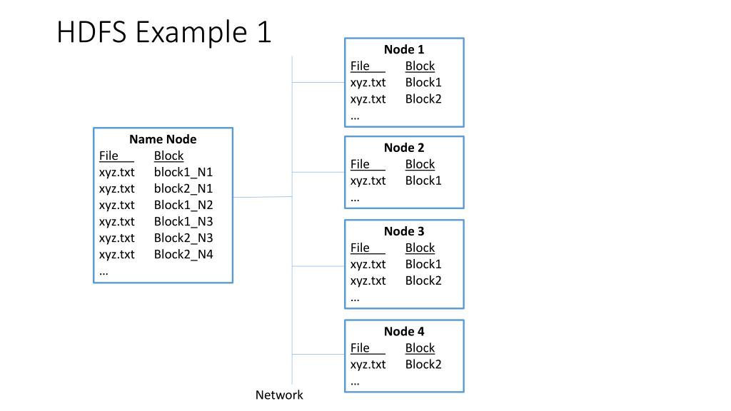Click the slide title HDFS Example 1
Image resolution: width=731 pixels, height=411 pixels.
click(163, 31)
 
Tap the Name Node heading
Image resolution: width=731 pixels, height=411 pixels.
click(163, 139)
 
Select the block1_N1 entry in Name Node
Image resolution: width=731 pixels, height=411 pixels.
click(183, 173)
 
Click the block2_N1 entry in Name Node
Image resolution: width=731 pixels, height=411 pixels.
click(183, 188)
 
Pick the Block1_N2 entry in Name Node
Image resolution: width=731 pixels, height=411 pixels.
click(183, 205)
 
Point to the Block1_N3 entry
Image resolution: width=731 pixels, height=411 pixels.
click(183, 221)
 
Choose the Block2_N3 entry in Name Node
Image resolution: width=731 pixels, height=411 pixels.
click(183, 238)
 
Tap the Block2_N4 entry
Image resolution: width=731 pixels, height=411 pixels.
click(183, 255)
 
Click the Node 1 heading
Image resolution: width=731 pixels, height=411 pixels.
click(404, 49)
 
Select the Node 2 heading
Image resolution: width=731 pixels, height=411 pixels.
click(404, 148)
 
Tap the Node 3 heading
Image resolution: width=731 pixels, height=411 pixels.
click(404, 232)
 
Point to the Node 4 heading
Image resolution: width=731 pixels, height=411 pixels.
click(404, 332)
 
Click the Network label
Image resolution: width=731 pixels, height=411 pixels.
click(279, 395)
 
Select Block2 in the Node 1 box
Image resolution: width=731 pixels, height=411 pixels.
click(423, 98)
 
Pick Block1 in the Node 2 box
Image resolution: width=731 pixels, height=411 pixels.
click(423, 181)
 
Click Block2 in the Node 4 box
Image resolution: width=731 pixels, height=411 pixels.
click(423, 365)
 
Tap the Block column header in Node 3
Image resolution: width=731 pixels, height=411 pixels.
click(420, 248)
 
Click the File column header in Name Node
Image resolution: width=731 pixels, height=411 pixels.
click(109, 156)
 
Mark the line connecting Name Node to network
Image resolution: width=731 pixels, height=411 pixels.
click(263, 197)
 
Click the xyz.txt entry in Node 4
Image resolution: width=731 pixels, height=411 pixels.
click(368, 365)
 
